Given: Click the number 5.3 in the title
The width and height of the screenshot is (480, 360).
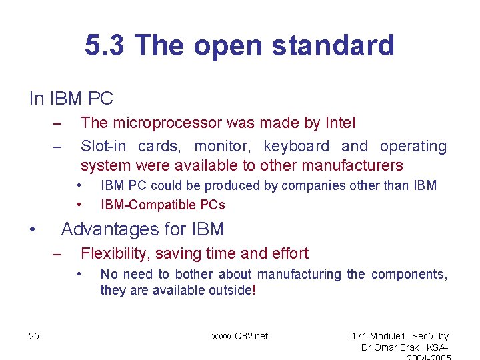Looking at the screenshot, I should coord(105,46).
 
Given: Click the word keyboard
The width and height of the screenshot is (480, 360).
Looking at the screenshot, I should coord(296,146).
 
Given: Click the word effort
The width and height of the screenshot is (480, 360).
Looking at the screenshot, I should coord(290,253).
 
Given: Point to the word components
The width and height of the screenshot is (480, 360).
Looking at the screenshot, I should coord(409,274).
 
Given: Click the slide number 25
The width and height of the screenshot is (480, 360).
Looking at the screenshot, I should coord(34,336).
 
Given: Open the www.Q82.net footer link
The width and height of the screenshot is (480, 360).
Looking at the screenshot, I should coord(239,336).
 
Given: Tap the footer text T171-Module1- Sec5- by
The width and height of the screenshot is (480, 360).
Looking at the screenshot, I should coord(398,336).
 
